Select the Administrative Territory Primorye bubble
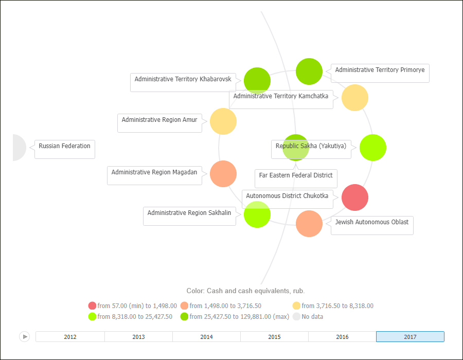(x=309, y=71)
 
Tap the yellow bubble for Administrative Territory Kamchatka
(x=355, y=98)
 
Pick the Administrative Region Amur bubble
(x=223, y=121)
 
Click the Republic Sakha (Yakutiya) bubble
(x=373, y=148)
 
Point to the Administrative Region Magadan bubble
(x=223, y=174)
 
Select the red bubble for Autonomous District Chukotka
(x=355, y=197)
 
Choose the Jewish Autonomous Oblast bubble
(x=309, y=224)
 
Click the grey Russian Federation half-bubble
(x=19, y=148)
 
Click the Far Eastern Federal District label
(x=296, y=176)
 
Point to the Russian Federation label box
(x=64, y=147)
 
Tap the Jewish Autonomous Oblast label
(x=371, y=223)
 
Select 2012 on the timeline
(x=70, y=337)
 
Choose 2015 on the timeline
(x=274, y=337)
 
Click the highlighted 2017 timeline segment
(x=410, y=337)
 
